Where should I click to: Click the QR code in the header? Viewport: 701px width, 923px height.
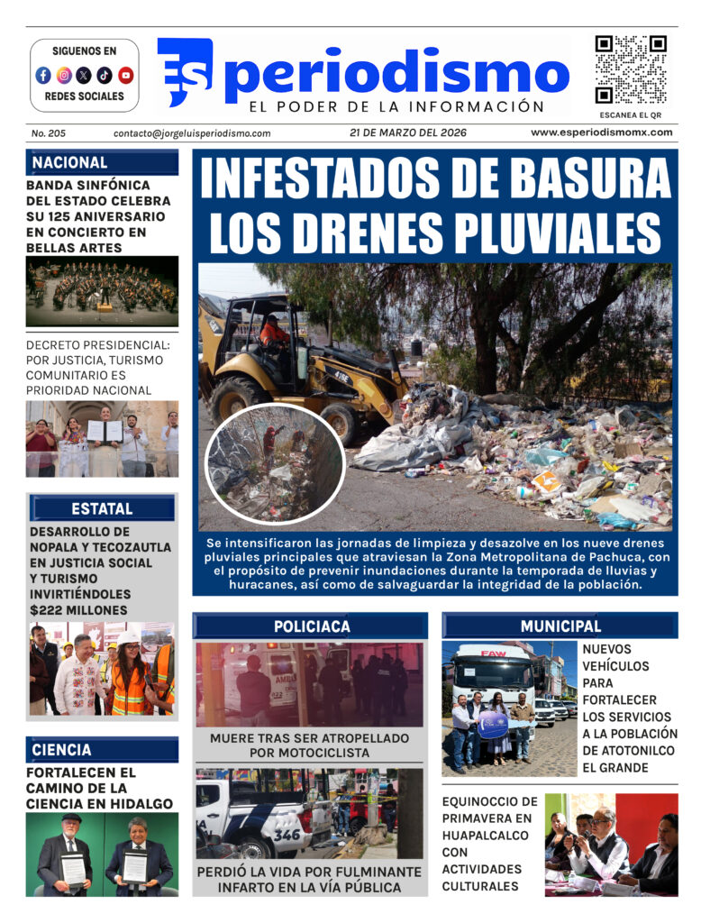pyautogui.click(x=630, y=69)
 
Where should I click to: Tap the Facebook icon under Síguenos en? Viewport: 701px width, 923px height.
pyautogui.click(x=43, y=76)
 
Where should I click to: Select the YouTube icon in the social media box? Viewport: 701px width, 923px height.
pyautogui.click(x=125, y=76)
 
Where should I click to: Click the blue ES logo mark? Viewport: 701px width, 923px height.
pyautogui.click(x=185, y=71)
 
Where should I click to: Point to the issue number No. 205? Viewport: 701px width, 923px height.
pyautogui.click(x=49, y=133)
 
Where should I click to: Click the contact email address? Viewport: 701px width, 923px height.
pyautogui.click(x=192, y=133)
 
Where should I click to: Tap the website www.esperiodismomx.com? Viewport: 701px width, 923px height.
pyautogui.click(x=601, y=133)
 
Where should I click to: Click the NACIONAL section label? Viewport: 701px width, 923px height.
pyautogui.click(x=70, y=163)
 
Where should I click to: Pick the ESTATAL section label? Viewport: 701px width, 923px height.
pyautogui.click(x=102, y=508)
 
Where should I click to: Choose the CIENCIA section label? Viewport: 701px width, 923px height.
pyautogui.click(x=61, y=750)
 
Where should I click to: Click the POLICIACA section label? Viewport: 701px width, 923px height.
pyautogui.click(x=312, y=626)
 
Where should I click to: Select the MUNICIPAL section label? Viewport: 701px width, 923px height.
pyautogui.click(x=560, y=626)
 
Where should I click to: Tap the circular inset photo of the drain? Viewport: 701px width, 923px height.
pyautogui.click(x=275, y=463)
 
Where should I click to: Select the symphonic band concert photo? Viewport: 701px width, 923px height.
pyautogui.click(x=102, y=291)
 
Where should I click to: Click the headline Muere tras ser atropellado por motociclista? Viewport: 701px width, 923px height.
pyautogui.click(x=309, y=745)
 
